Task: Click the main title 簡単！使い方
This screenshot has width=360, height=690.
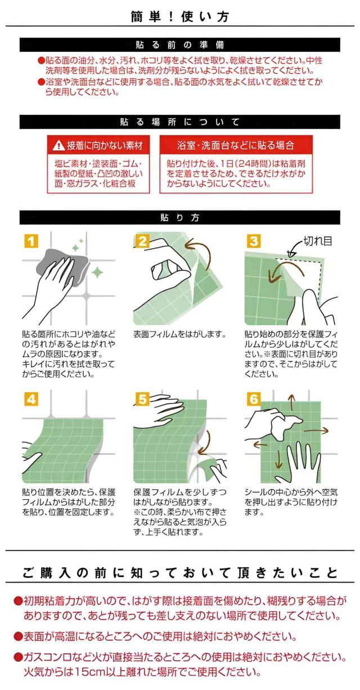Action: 180,16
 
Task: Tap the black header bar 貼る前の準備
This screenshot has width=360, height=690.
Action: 180,45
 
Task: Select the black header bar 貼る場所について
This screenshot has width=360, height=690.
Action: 180,122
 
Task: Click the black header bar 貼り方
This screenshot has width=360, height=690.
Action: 180,218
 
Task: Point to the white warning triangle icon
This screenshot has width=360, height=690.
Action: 58,145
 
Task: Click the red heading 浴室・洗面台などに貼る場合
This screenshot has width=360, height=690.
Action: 236,145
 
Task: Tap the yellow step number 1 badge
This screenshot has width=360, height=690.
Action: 31,241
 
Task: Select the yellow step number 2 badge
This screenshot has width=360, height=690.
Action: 142,241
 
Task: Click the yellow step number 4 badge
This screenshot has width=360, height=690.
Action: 31,400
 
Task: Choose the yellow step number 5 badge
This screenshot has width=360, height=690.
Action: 142,400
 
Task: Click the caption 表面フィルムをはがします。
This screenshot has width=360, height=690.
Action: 180,334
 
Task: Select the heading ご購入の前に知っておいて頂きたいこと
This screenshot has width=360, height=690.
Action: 180,572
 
